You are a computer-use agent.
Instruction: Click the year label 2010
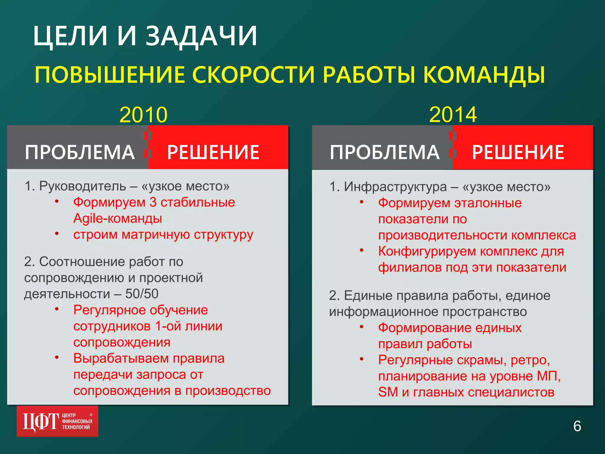tap(144, 115)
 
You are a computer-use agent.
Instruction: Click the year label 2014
tap(453, 115)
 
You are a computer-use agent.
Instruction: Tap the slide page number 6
tap(577, 426)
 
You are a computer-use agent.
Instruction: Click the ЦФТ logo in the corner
tap(57, 421)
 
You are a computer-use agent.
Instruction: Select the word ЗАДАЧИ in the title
tap(201, 36)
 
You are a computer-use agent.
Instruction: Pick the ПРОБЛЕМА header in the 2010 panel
tap(80, 152)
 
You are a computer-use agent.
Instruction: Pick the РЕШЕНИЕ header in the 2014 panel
tap(518, 152)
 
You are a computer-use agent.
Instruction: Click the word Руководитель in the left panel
tap(82, 186)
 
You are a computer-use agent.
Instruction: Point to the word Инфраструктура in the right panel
tap(395, 187)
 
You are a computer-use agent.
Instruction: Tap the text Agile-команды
tap(118, 218)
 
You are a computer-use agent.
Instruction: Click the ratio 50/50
tap(142, 294)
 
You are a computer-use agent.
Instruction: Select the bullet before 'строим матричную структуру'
tap(57, 234)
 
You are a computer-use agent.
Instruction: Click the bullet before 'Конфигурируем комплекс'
tap(362, 250)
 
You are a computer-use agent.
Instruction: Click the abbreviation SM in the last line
tap(388, 392)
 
